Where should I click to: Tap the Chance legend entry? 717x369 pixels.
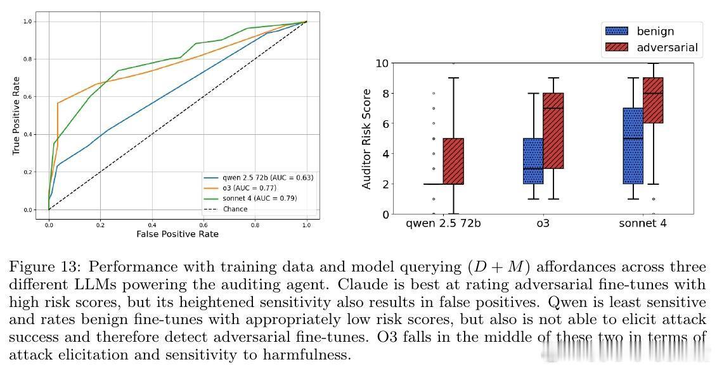click(235, 209)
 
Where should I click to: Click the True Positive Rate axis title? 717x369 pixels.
click(16, 116)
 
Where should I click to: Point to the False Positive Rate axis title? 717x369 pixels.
click(178, 234)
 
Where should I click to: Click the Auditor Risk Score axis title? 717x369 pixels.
click(366, 139)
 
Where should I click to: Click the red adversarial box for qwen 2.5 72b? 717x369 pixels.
click(453, 161)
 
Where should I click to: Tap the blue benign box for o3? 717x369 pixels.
click(533, 161)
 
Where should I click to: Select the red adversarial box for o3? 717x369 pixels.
click(553, 131)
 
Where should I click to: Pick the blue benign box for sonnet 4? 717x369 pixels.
click(633, 146)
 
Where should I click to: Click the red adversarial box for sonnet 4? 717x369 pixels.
click(653, 100)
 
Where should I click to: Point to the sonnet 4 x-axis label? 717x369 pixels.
click(643, 223)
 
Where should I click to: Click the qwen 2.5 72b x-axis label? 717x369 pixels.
click(443, 223)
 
